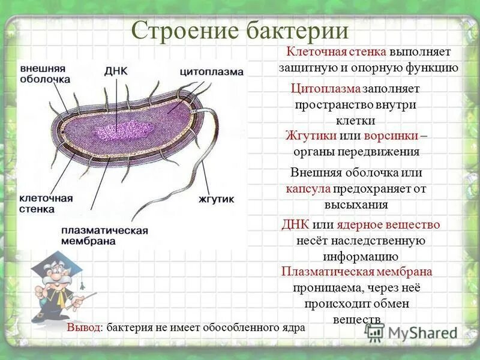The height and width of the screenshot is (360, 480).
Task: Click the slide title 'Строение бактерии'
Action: click(x=239, y=30)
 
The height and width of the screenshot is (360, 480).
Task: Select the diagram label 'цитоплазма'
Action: click(x=212, y=71)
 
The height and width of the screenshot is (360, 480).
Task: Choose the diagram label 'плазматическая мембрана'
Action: click(x=104, y=236)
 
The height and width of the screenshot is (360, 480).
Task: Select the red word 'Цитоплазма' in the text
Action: click(x=326, y=89)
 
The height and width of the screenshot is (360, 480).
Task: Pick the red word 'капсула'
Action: click(x=308, y=188)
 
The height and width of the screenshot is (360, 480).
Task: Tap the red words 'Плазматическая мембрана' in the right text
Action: click(x=356, y=272)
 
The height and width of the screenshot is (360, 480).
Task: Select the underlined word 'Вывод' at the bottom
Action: click(x=83, y=328)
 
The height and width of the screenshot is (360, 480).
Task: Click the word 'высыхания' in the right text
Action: click(x=356, y=204)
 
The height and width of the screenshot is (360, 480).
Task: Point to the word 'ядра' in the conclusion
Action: click(x=293, y=328)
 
